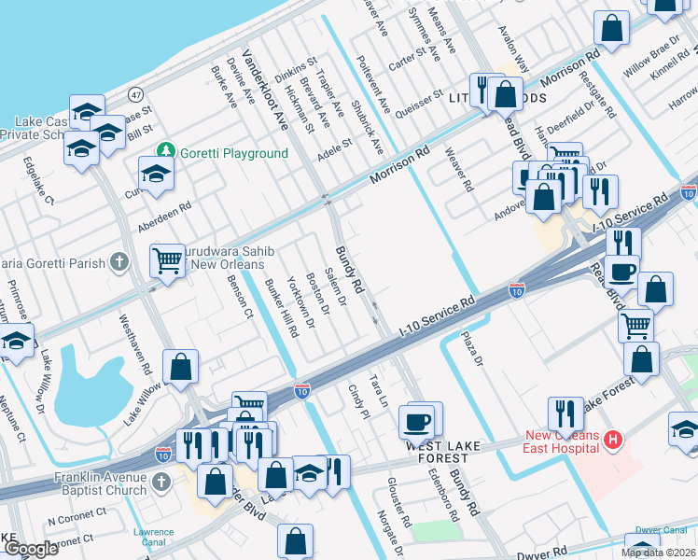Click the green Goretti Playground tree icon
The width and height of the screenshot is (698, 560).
click(166, 151)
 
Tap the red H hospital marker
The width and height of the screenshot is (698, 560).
click(613, 439)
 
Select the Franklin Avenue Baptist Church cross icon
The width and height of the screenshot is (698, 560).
click(161, 482)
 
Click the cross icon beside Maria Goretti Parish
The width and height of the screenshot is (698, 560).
click(119, 262)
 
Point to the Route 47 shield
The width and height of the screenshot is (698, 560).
click(136, 94)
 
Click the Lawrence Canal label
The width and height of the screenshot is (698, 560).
click(153, 538)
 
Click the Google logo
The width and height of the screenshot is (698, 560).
click(30, 549)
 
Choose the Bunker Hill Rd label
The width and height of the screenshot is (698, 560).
click(281, 307)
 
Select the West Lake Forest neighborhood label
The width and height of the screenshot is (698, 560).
click(442, 452)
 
